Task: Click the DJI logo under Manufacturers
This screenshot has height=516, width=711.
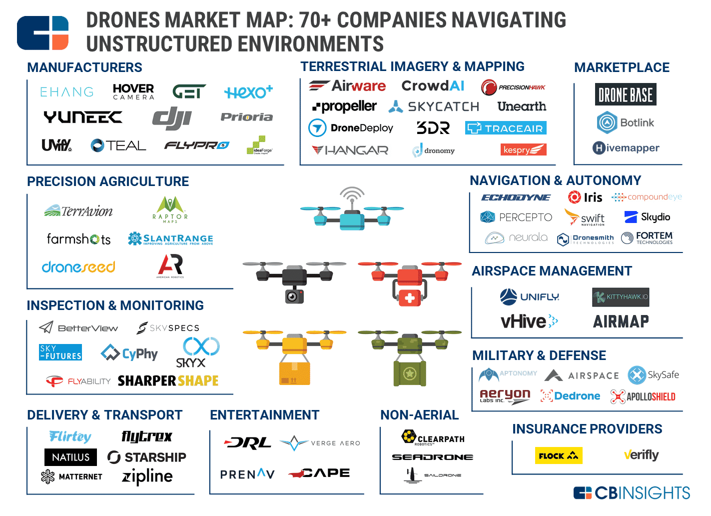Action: coord(172,118)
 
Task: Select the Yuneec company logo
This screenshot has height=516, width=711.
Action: coord(83,117)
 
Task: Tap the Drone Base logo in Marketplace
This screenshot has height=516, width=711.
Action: coord(626,94)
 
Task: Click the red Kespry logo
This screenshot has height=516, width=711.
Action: coord(523,149)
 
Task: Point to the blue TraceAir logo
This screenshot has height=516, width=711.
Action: coord(506,128)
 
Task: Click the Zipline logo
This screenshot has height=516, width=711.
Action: coord(147,476)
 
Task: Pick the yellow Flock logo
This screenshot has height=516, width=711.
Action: coord(559,455)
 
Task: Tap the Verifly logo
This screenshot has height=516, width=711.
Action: coord(641,455)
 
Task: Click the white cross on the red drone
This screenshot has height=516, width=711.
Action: coord(410,298)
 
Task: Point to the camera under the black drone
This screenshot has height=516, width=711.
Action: coord(294,296)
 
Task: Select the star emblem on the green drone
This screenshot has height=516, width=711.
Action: coord(410,373)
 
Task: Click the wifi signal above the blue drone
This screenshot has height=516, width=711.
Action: coord(352,194)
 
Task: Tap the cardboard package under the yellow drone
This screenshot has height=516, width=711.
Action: coord(294,373)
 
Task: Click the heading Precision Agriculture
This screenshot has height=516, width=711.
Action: coord(108,181)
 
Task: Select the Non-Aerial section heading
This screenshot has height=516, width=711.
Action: coord(419,415)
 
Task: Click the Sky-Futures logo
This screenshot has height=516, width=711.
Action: coord(60,352)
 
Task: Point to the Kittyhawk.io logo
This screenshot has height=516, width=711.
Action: coord(621,297)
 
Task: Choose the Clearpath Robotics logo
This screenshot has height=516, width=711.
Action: coord(433,438)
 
